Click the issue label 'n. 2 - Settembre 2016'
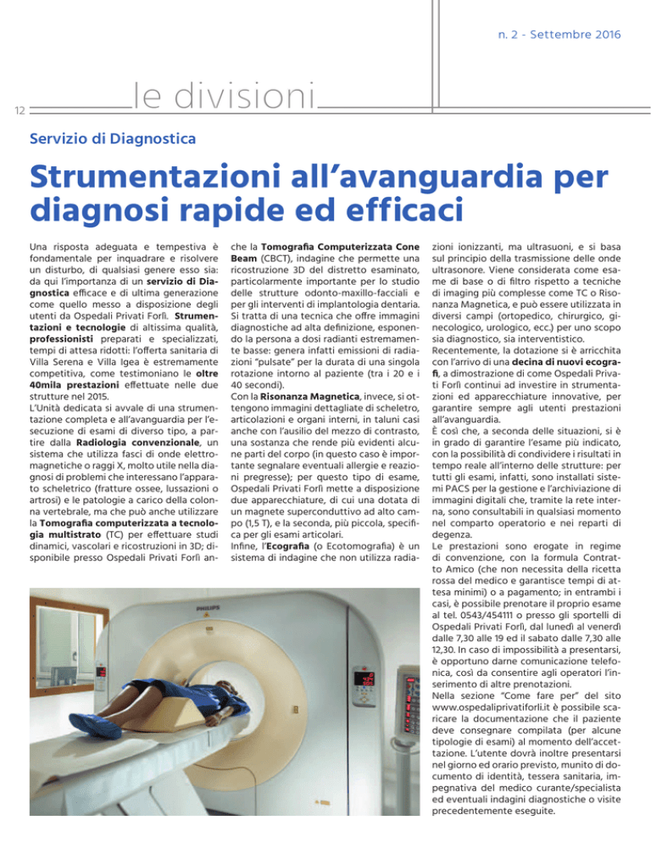[560, 35]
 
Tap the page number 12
[17, 109]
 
